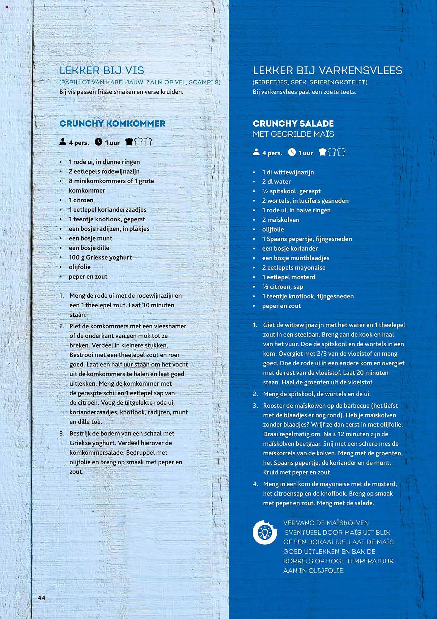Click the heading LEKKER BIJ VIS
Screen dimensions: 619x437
[102, 71]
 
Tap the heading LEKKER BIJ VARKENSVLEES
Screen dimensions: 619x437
[327, 71]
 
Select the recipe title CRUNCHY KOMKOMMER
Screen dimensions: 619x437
[112, 123]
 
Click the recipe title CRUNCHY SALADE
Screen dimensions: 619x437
[293, 123]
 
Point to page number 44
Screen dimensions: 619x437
[41, 598]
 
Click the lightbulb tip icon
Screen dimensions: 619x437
[265, 532]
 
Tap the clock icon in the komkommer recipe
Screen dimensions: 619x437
[98, 142]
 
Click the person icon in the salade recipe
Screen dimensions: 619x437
[256, 152]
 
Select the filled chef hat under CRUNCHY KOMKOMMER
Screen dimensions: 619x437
[129, 142]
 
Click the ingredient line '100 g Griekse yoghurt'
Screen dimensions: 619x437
[100, 258]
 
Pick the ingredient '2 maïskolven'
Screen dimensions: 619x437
[281, 220]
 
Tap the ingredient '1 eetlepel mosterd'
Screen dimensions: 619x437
[288, 277]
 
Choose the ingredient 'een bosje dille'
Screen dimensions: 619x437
[89, 248]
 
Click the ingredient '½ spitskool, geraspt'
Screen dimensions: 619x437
[291, 191]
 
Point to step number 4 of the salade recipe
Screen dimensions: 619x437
[255, 484]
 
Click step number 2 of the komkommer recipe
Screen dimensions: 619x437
[62, 326]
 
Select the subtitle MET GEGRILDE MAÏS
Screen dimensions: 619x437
[293, 134]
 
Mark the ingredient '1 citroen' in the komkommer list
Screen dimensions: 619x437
[81, 200]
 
